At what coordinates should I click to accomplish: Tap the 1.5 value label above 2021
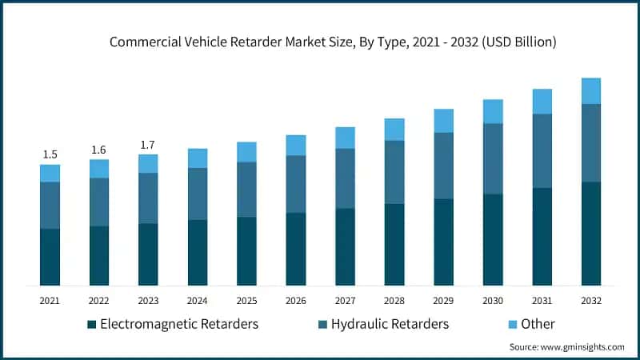point(50,154)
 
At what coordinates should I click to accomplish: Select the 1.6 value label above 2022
point(99,150)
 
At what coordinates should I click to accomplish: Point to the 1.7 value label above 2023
point(148,145)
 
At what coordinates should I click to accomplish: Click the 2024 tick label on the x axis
point(198,300)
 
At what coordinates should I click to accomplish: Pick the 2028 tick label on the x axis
point(394,300)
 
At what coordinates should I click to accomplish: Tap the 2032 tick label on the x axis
point(591,300)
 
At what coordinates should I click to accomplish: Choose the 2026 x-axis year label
point(296,300)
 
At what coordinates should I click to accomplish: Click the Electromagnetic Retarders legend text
point(178,324)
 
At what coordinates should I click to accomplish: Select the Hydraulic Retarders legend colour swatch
point(323,324)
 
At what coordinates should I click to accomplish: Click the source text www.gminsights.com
point(566,347)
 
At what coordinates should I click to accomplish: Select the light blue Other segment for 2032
point(591,90)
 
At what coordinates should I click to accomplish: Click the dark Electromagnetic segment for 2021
point(50,257)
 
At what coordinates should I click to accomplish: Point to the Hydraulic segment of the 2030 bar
point(493,158)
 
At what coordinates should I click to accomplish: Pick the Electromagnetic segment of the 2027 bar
point(345,246)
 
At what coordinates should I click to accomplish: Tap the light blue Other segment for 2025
point(246,152)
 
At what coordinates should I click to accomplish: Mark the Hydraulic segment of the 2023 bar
point(148,198)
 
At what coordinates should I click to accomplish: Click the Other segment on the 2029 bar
point(443,121)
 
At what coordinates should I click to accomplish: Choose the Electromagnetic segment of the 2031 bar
point(542,236)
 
